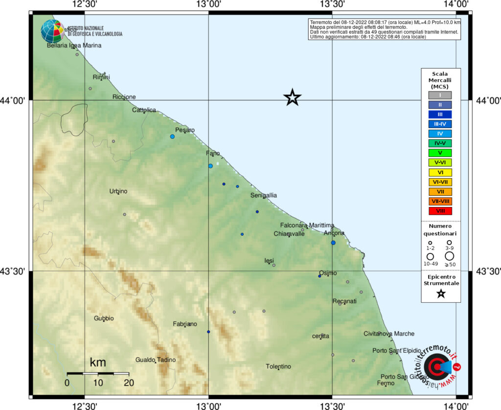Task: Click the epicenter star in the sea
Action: (292, 97)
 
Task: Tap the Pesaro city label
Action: (185, 130)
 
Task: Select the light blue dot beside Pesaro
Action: (172, 137)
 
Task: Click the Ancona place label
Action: (335, 233)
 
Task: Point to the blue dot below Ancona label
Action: (333, 243)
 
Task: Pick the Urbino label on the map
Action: (118, 191)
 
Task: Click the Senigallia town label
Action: (264, 195)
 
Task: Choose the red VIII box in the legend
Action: (440, 211)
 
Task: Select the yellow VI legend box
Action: (440, 172)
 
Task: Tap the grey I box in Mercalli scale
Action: (440, 95)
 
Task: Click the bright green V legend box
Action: (440, 153)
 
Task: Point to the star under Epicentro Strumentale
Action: (441, 294)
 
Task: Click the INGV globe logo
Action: (52, 31)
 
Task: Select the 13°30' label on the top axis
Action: (333, 4)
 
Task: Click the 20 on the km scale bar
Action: (129, 383)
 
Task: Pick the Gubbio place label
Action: (104, 319)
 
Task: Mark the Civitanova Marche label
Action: (389, 334)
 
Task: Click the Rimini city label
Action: (101, 77)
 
